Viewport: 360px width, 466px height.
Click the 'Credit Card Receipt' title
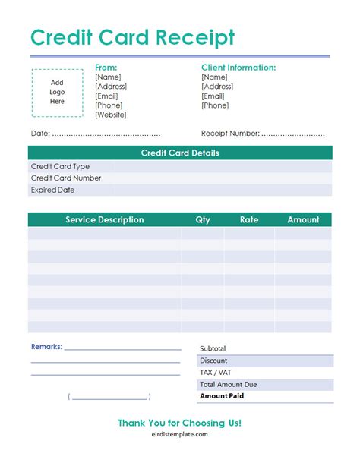tap(132, 37)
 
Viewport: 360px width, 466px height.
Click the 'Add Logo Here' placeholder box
tap(58, 93)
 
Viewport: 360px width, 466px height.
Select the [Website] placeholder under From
tap(111, 115)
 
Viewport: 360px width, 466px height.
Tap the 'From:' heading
tap(106, 68)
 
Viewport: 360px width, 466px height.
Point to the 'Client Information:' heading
tap(238, 68)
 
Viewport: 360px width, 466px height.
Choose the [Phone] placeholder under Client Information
tap(215, 105)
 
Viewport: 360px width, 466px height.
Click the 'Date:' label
tap(40, 134)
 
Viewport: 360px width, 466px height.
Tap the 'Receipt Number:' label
tap(230, 134)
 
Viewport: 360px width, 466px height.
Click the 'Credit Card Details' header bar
tap(180, 153)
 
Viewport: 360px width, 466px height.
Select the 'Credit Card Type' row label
tap(60, 166)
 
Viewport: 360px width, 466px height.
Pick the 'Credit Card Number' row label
tap(66, 178)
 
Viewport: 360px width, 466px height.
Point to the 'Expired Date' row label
tap(52, 190)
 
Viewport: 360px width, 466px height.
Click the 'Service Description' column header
tap(105, 220)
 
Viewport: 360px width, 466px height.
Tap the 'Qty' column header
tap(203, 220)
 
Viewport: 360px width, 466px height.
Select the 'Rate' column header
tap(249, 220)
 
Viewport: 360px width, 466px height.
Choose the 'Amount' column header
tap(303, 220)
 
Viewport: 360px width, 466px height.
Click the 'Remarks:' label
tap(46, 347)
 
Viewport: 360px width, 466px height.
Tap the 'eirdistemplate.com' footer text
tap(180, 438)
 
